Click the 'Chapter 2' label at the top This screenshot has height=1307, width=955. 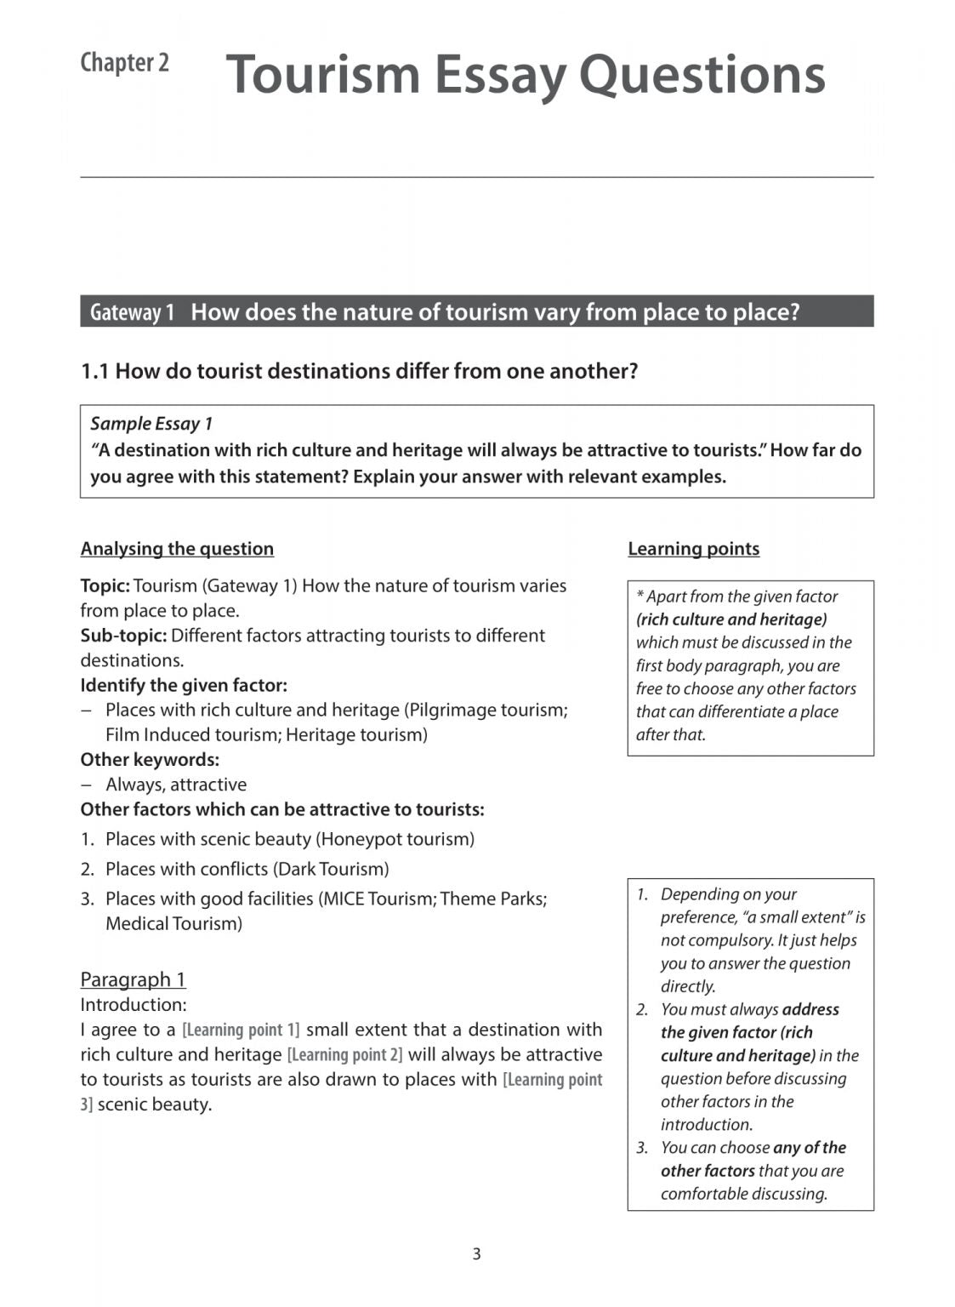(x=124, y=63)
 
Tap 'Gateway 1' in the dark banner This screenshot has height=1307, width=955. (x=132, y=312)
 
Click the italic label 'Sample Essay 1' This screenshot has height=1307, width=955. (x=151, y=424)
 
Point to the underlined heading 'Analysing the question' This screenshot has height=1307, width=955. (x=177, y=549)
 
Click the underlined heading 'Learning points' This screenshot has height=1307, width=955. (x=693, y=549)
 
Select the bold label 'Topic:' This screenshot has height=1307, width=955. (x=105, y=586)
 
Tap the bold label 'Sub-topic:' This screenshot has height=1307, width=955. (x=123, y=636)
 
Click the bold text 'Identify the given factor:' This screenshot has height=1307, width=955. (x=184, y=685)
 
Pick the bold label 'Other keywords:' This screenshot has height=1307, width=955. (x=150, y=760)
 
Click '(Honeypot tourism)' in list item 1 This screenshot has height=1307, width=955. (x=395, y=840)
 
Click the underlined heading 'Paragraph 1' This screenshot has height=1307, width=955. (x=133, y=979)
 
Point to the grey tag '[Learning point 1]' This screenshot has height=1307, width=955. (x=241, y=1030)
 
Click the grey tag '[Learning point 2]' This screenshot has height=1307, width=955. (x=344, y=1055)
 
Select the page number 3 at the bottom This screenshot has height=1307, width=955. (x=476, y=1253)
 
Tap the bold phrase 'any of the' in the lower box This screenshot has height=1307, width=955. (x=809, y=1148)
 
